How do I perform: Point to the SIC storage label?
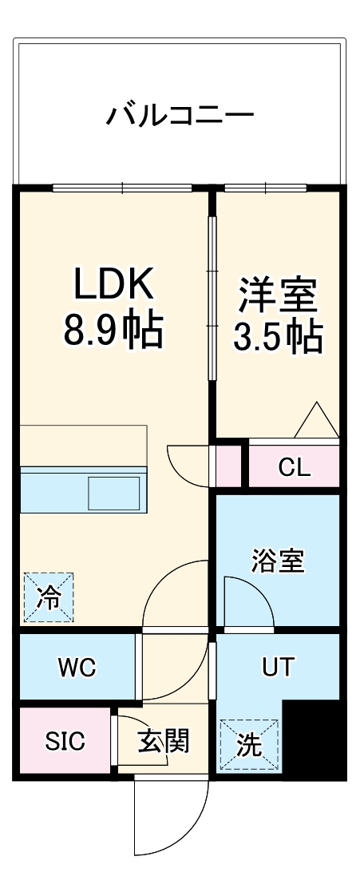[x=65, y=741]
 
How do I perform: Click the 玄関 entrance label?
[x=164, y=741]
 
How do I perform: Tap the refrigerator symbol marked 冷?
[x=49, y=597]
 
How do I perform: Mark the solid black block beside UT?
[x=314, y=739]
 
